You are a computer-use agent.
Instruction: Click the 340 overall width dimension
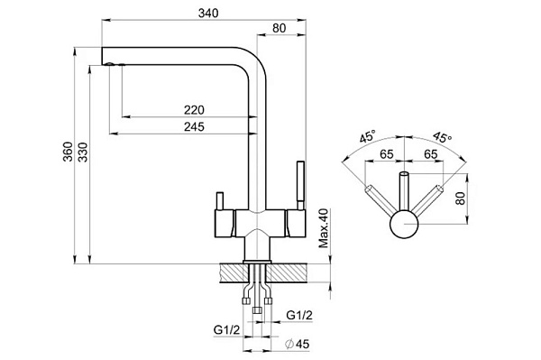[208, 14]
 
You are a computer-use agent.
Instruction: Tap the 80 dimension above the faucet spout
[280, 28]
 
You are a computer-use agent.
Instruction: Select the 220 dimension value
[194, 110]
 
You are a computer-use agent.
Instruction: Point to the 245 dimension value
[194, 126]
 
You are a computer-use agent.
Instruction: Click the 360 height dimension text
[68, 152]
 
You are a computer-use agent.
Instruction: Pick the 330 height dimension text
[83, 152]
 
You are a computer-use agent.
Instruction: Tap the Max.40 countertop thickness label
[324, 228]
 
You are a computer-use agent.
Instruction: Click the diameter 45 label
[298, 344]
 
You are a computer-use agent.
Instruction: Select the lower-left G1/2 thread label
[226, 330]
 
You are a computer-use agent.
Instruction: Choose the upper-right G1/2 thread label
[299, 315]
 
